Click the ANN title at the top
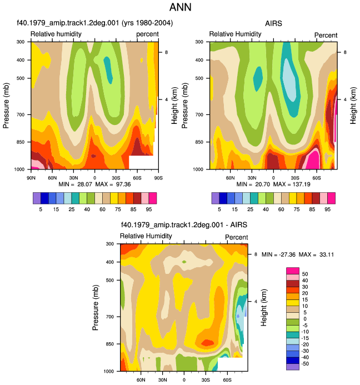180,7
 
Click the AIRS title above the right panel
273,23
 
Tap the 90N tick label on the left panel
31,178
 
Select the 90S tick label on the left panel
158,178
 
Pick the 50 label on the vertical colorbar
305,274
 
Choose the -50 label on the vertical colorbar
304,364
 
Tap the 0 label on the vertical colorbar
305,319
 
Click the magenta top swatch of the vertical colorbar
293,271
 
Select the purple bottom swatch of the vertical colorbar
293,367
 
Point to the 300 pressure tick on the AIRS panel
199,42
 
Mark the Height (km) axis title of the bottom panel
263,307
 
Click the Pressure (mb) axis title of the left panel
6,106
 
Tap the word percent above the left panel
147,34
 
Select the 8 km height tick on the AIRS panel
345,52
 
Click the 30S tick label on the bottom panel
206,380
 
